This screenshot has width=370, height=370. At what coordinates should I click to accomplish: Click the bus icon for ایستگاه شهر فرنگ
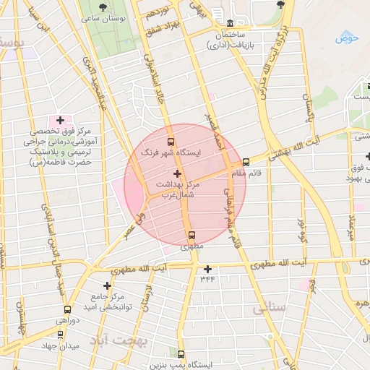[171, 142]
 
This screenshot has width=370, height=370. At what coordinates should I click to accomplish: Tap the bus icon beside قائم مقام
[246, 162]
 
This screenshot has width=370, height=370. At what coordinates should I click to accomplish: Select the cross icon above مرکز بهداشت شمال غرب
[178, 173]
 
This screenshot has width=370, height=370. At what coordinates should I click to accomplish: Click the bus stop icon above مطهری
[192, 235]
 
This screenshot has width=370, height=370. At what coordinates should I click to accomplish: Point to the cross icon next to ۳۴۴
[207, 269]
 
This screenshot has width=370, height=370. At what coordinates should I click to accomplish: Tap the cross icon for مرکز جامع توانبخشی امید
[108, 285]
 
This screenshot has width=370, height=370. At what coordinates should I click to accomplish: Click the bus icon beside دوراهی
[58, 309]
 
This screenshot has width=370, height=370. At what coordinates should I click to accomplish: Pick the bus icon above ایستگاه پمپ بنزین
[181, 355]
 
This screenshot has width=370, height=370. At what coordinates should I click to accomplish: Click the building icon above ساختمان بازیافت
[230, 23]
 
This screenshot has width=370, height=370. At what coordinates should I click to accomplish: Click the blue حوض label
[347, 38]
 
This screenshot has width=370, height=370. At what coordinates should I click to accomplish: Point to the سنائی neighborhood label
[270, 308]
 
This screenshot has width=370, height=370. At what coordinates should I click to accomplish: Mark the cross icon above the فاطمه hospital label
[60, 120]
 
